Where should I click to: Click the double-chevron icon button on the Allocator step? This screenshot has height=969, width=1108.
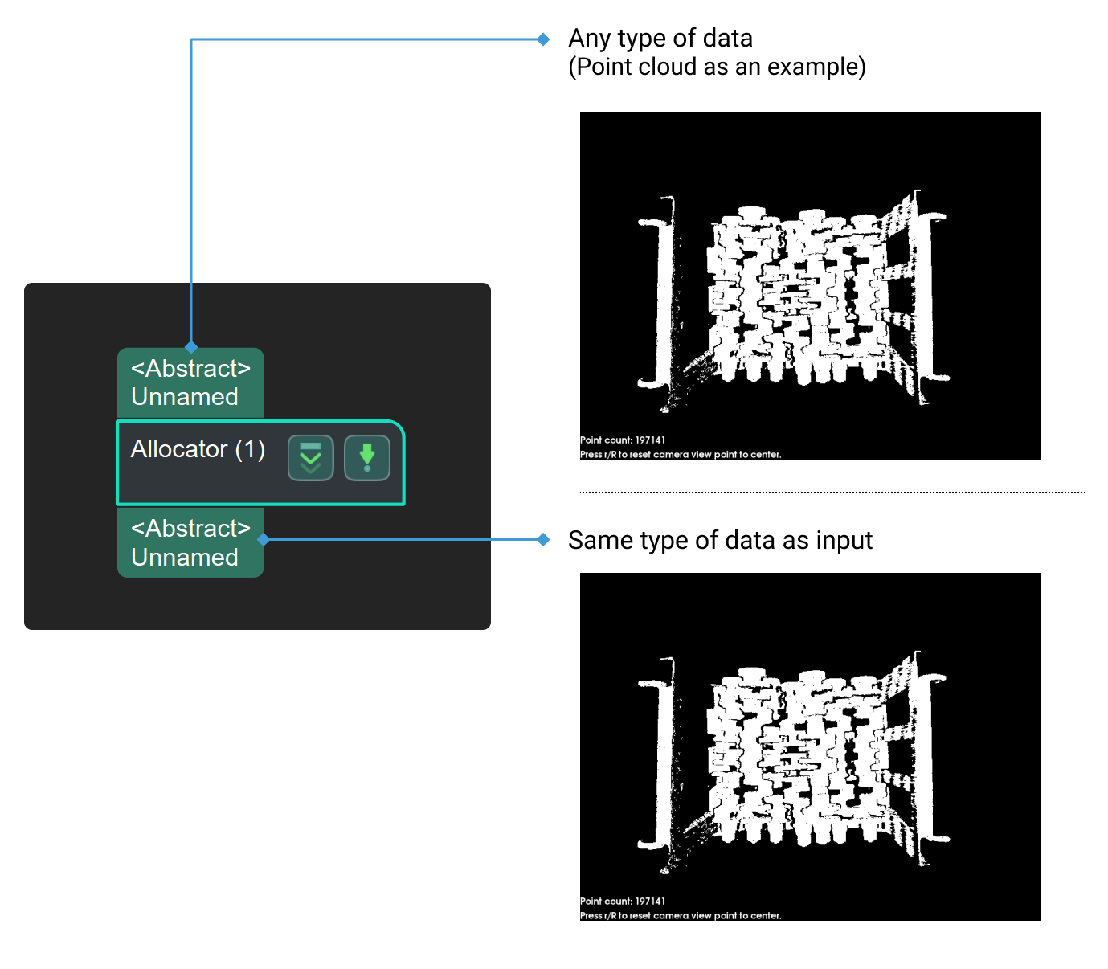click(310, 458)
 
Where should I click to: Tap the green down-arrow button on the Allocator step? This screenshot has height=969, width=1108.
click(366, 458)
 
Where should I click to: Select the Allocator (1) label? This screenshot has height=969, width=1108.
click(198, 449)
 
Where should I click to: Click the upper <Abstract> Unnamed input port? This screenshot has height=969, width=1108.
click(190, 382)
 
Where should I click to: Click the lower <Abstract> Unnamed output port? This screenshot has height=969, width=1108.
click(190, 542)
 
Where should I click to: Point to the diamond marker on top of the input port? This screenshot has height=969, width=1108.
click(191, 347)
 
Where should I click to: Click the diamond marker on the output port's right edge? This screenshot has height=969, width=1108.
click(264, 539)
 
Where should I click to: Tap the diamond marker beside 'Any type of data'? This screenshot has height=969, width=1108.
click(543, 39)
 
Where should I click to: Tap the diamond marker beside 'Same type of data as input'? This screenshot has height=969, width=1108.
click(543, 539)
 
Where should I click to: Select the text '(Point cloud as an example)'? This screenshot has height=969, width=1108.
click(717, 67)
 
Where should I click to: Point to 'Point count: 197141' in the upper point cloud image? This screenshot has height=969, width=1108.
click(623, 440)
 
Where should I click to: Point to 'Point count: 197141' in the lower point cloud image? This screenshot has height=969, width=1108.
click(623, 901)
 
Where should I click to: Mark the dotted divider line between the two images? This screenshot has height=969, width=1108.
click(832, 492)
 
